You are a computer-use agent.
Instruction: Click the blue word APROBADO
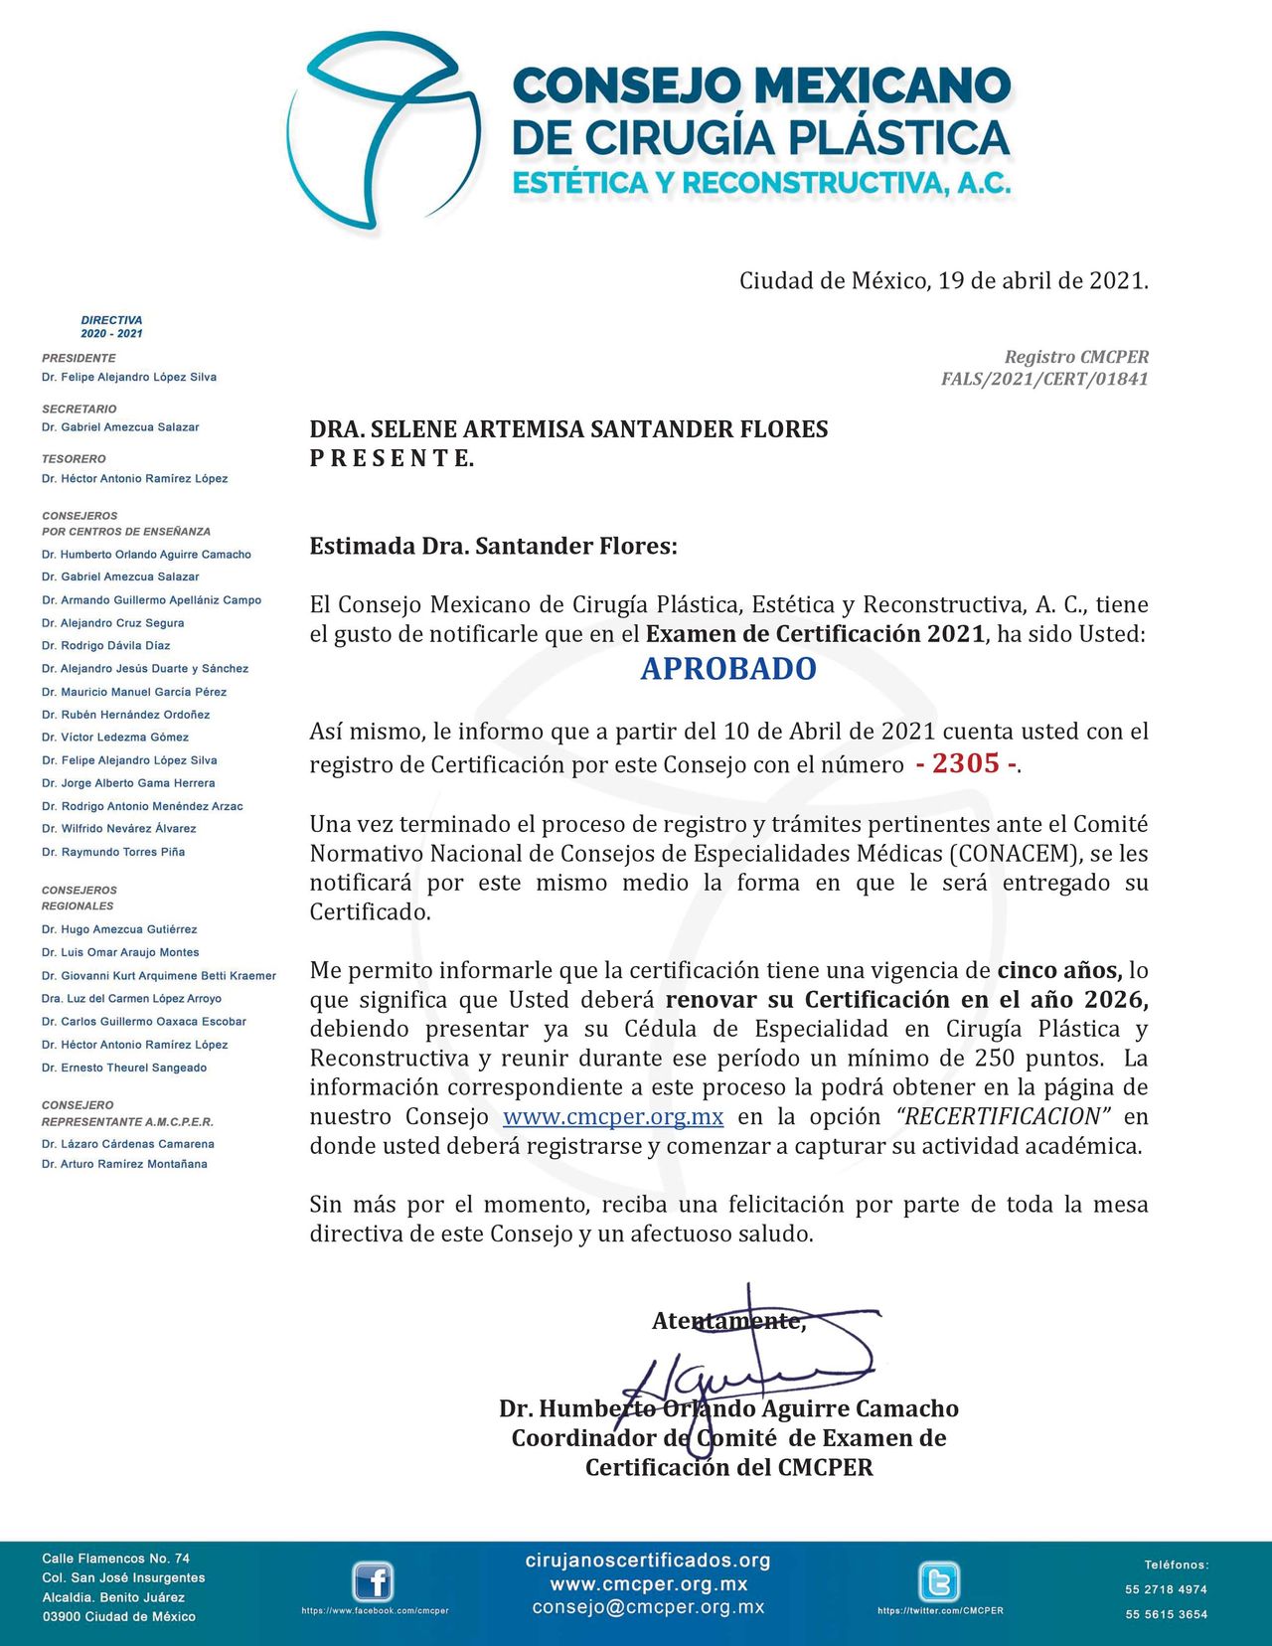tap(728, 669)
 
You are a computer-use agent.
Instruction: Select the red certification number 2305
tap(966, 763)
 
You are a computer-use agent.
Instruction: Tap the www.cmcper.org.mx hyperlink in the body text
tap(613, 1117)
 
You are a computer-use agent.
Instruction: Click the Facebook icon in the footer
tap(374, 1582)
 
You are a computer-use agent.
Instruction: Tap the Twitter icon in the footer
tap(938, 1582)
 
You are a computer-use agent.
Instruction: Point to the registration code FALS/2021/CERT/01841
tap(1044, 379)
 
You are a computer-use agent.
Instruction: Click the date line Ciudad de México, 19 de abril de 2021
tap(943, 281)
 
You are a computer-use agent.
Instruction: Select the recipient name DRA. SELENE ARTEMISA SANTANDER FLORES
tap(568, 429)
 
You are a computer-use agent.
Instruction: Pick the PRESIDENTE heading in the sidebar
tap(79, 358)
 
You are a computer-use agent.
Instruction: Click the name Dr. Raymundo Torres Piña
tap(113, 852)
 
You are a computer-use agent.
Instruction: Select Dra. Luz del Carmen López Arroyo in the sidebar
tap(131, 999)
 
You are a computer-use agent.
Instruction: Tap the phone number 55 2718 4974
tap(1166, 1589)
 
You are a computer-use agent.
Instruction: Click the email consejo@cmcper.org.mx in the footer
tap(648, 1607)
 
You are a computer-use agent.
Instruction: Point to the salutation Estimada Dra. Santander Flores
tap(493, 547)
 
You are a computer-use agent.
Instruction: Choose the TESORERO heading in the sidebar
tap(74, 459)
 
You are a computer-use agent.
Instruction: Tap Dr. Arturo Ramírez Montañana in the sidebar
tap(124, 1164)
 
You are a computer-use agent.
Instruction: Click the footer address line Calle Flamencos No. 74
tap(115, 1559)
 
